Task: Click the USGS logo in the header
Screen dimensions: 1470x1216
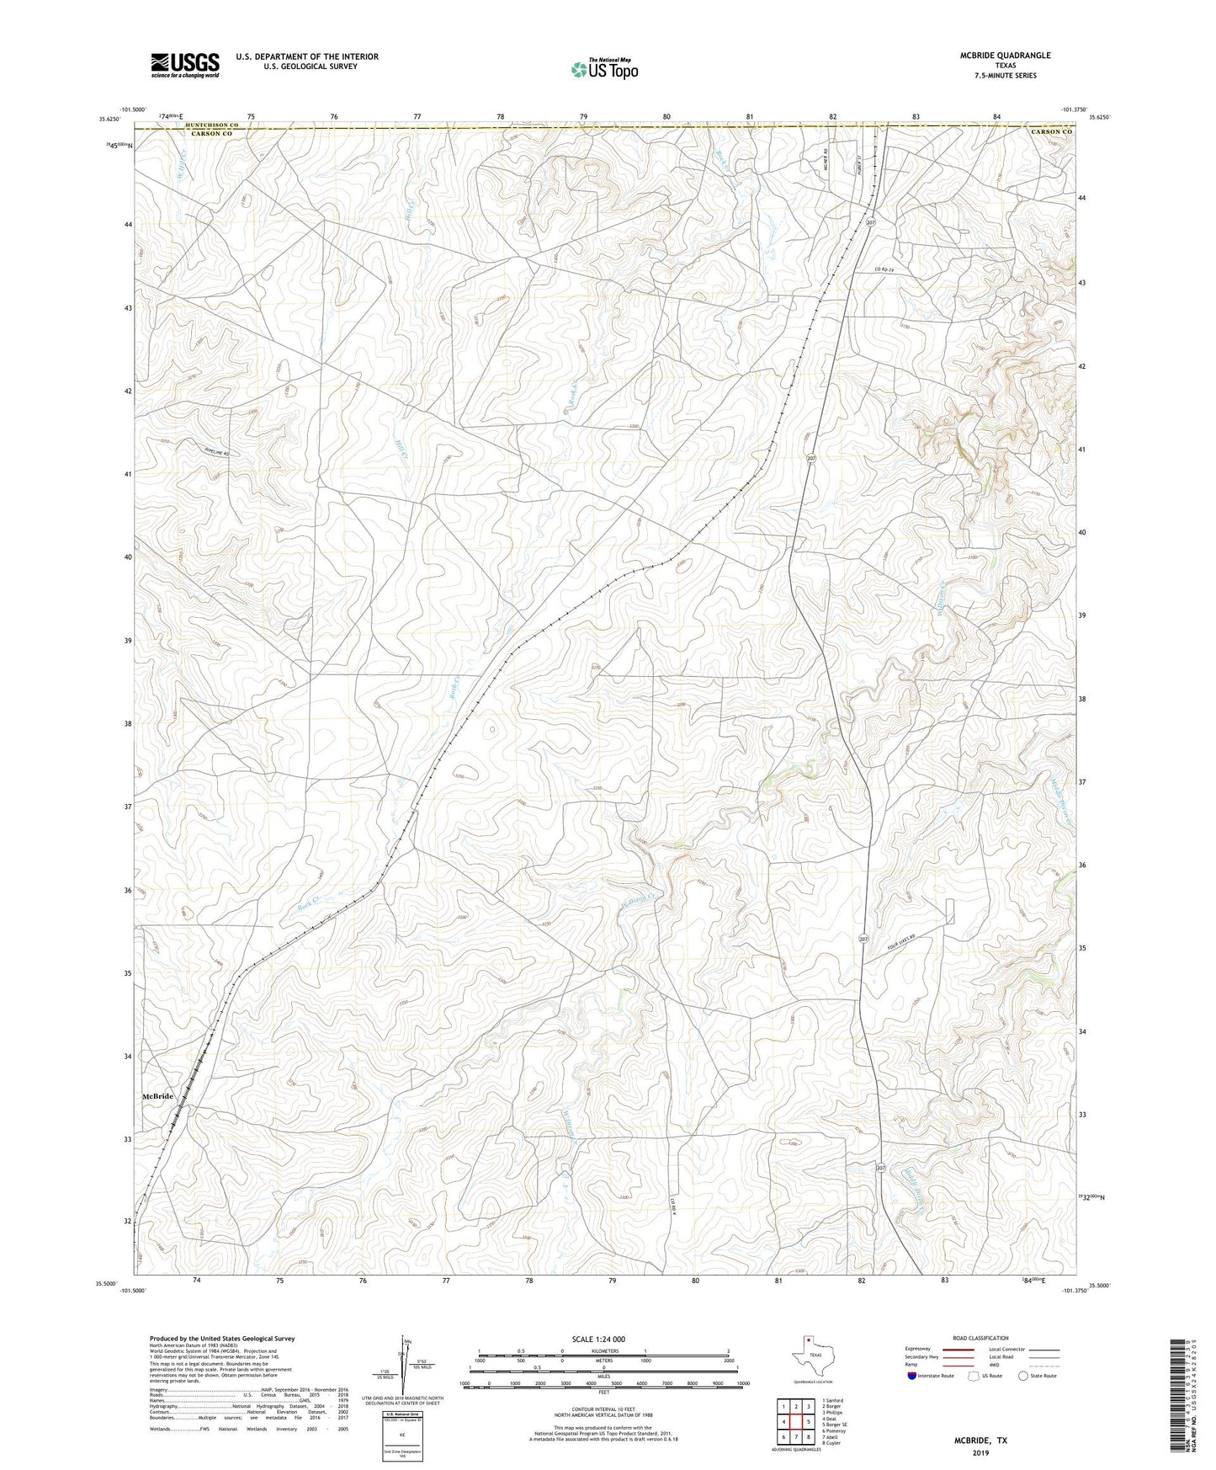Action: point(185,65)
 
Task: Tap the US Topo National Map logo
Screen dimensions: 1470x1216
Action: point(604,69)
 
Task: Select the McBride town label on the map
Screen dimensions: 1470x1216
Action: point(157,1096)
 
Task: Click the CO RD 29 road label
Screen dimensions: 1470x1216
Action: point(881,269)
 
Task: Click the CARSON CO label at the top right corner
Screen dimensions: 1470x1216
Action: point(1052,132)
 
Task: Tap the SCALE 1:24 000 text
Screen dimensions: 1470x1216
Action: point(598,1340)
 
